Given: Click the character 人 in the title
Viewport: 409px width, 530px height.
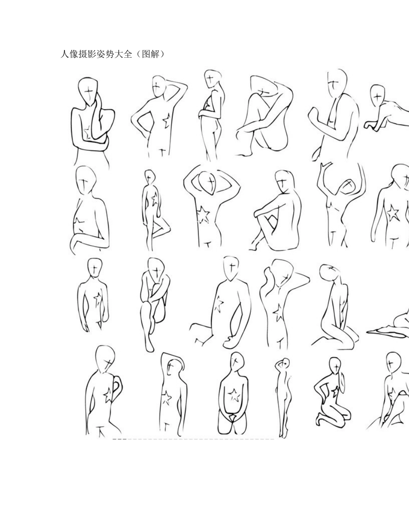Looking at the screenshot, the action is coord(65,54).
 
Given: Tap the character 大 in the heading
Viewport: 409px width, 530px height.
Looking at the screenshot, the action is coord(119,54).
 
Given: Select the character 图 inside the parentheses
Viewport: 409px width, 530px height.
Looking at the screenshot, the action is coord(146,54).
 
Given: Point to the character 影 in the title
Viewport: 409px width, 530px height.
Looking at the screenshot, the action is coord(92,54).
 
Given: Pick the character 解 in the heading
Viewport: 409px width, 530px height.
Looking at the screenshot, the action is coord(155,54).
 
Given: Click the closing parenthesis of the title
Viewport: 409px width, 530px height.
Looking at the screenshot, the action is coord(162,54).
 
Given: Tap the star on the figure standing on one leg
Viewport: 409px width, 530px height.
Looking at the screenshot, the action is coord(155,199).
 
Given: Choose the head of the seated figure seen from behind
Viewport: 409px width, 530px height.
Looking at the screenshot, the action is coord(284,182).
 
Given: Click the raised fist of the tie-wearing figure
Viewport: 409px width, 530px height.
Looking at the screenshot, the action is coord(314,115).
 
